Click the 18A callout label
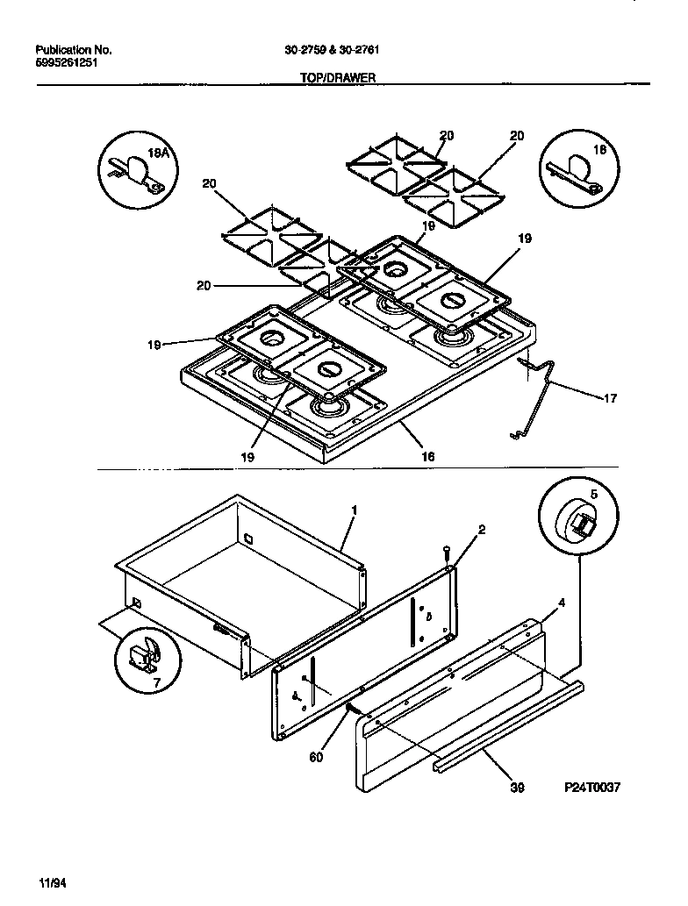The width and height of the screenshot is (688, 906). click(x=158, y=153)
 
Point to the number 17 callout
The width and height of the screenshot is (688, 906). click(x=609, y=398)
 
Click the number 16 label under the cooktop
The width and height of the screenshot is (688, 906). click(x=427, y=456)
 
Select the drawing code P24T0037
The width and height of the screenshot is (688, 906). click(x=591, y=788)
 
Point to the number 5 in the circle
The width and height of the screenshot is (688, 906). click(x=593, y=495)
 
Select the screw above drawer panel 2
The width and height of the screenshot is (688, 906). click(x=448, y=553)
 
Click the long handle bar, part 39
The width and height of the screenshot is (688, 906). click(x=509, y=724)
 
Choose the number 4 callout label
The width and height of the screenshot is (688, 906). click(x=563, y=603)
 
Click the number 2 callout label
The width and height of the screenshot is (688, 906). click(x=482, y=529)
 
